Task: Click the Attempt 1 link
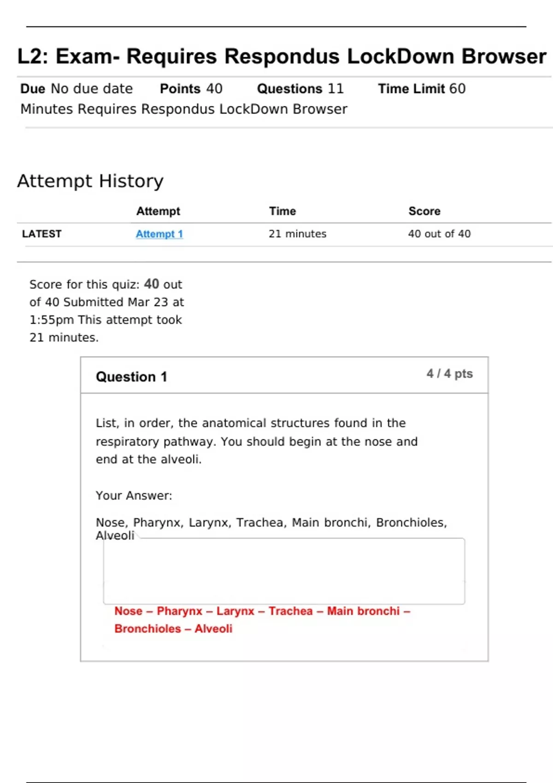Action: (159, 234)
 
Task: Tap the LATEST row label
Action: (41, 234)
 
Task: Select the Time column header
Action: (282, 211)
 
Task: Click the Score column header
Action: (424, 211)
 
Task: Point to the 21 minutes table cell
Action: (297, 234)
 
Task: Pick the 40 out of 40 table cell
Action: (439, 234)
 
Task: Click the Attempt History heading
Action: (90, 181)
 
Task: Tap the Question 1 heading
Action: (131, 377)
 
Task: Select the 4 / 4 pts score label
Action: (449, 374)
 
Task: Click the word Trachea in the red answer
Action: (290, 611)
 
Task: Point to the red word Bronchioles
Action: (147, 629)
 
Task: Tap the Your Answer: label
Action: (134, 496)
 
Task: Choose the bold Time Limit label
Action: (411, 88)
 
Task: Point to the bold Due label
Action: (33, 88)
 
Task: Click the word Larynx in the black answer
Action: (209, 523)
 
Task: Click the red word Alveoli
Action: (213, 629)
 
